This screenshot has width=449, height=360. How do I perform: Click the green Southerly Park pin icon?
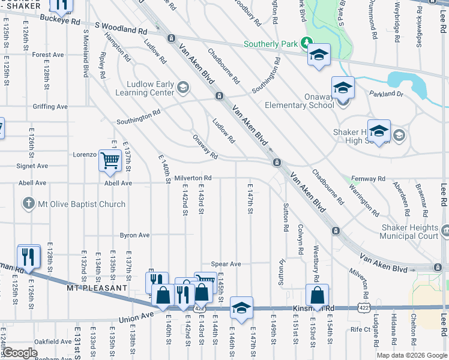(306, 43)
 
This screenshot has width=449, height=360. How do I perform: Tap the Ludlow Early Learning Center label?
(148, 89)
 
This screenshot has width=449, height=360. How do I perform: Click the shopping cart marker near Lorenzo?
(110, 161)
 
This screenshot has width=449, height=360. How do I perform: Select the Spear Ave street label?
(226, 264)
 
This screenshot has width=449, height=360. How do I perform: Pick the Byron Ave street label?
(134, 235)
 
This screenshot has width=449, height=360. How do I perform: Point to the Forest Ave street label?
(48, 55)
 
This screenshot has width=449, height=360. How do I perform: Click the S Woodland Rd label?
(121, 28)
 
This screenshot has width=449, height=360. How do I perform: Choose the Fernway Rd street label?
(369, 179)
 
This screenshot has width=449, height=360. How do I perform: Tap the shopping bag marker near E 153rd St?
(317, 295)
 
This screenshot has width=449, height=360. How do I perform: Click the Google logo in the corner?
(20, 353)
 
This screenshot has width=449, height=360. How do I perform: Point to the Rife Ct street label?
(361, 329)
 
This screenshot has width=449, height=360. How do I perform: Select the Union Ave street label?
(136, 319)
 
